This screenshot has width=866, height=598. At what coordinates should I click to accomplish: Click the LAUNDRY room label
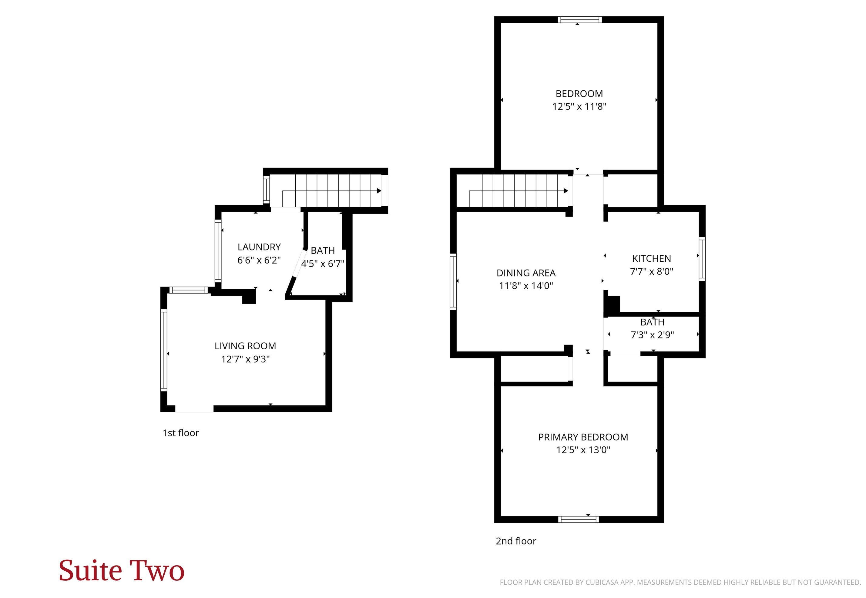coord(259,247)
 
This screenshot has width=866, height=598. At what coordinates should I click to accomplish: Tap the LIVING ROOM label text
coord(245,346)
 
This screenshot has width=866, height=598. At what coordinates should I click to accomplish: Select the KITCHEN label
coord(651,258)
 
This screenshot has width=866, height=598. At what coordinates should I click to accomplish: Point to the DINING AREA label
coord(526,273)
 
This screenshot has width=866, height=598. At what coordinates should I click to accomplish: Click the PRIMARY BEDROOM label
coord(583,437)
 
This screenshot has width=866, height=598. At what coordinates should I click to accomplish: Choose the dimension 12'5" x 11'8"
coord(579,107)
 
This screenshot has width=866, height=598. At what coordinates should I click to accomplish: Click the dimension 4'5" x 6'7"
coord(323,264)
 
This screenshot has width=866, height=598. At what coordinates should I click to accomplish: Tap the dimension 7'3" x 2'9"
coord(652,334)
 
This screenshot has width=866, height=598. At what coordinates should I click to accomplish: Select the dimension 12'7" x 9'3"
coord(245,359)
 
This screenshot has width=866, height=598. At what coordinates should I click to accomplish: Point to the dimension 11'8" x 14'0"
coord(526,286)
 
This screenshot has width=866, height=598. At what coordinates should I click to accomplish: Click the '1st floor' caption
coord(180,433)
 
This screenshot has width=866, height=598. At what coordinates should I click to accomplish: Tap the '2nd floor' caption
coord(516,541)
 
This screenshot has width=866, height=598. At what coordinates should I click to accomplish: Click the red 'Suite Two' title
coord(121,570)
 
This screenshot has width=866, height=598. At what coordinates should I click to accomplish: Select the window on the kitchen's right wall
coord(702,259)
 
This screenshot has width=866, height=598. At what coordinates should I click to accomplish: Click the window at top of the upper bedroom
coord(579,19)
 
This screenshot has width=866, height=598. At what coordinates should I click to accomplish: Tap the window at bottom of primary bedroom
coord(578,519)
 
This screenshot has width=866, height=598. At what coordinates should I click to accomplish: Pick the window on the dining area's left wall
coord(453,282)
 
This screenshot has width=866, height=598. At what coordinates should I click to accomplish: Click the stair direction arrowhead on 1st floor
coord(379,191)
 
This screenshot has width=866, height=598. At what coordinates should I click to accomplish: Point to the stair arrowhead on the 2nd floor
coord(566,191)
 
